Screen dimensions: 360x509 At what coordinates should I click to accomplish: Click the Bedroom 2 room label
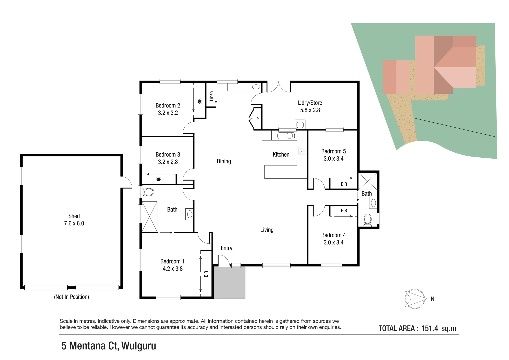tap(168, 105)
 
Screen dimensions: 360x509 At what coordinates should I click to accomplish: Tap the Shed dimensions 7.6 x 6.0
tap(74, 223)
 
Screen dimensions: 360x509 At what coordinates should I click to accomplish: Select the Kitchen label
tap(281, 154)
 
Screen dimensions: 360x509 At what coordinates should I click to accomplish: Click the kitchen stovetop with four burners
tap(302, 150)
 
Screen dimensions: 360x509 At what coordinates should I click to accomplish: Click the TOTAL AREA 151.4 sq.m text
tap(417, 328)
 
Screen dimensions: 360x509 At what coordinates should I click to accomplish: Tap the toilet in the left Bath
tap(148, 192)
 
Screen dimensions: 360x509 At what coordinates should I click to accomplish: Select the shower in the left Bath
tap(150, 217)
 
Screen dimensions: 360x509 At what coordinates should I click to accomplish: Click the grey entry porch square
tap(229, 282)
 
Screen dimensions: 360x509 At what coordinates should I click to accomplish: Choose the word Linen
tap(211, 96)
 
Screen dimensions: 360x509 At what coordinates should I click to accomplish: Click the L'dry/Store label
tap(310, 103)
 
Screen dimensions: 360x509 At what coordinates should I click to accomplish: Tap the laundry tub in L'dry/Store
tap(300, 125)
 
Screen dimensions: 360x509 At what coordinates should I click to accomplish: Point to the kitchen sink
tap(286, 136)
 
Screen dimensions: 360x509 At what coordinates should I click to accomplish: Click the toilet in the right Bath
tap(367, 220)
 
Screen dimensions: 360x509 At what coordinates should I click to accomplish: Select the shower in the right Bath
tap(368, 181)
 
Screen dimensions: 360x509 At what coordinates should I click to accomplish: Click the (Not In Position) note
tap(71, 297)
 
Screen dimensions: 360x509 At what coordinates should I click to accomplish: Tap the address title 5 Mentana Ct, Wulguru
tap(108, 346)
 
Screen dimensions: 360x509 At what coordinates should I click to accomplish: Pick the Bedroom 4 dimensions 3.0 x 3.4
tap(333, 242)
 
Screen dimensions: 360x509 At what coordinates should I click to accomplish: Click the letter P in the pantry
tap(257, 119)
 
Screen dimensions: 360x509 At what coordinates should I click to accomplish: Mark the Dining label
tap(224, 161)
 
